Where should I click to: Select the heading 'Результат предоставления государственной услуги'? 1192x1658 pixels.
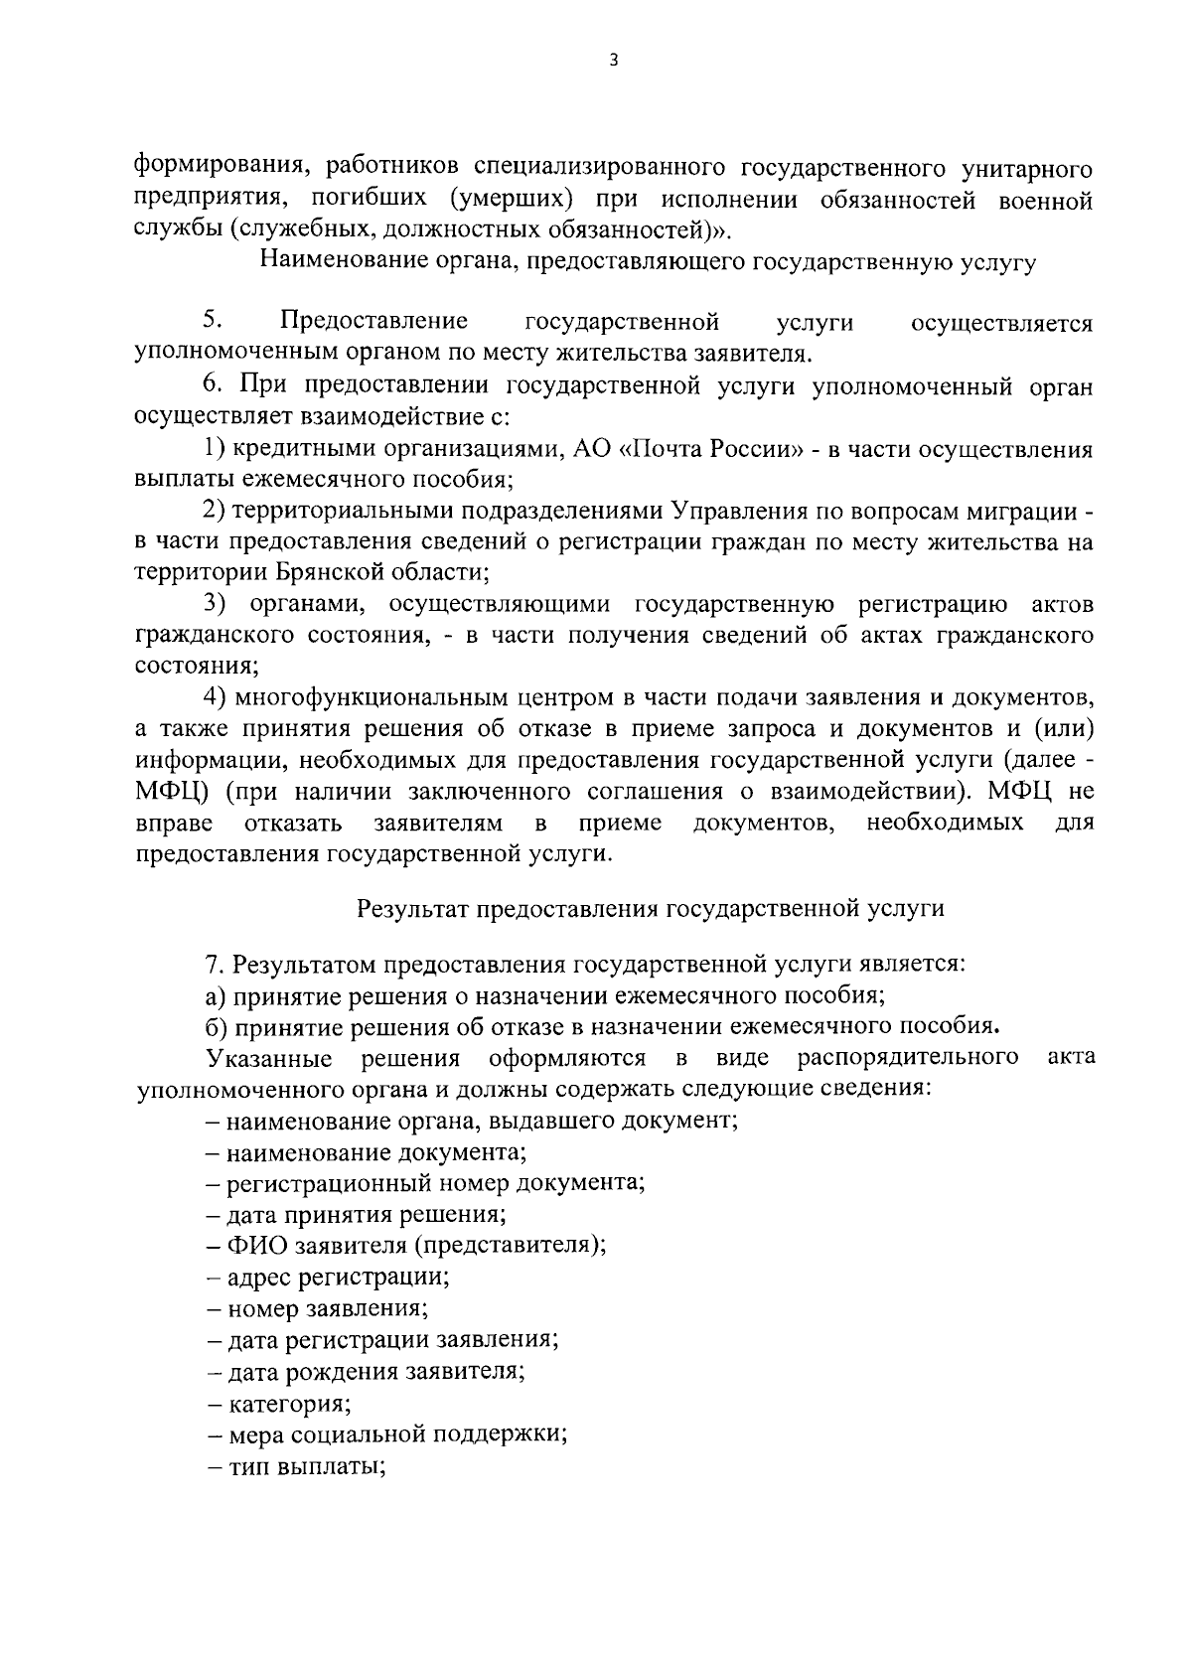[651, 907]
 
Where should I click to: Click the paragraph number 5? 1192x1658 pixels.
[211, 320]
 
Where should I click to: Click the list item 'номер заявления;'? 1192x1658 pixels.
[318, 1308]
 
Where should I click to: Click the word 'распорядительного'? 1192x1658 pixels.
[907, 1056]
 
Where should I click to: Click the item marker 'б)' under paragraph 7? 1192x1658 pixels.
[217, 1026]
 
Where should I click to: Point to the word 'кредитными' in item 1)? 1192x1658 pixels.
[294, 449]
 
